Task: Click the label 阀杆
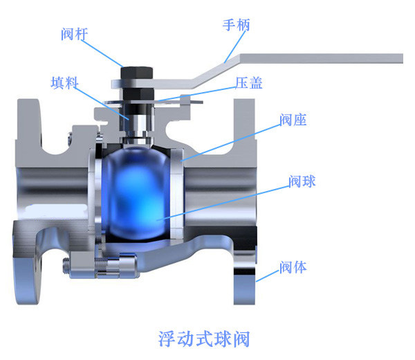tap(75, 34)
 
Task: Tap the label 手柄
tap(236, 25)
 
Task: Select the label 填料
tap(65, 82)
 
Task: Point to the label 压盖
tap(249, 83)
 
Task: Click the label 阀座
tap(293, 120)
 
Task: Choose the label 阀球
tap(302, 181)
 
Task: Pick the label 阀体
tap(293, 267)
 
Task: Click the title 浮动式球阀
tap(204, 339)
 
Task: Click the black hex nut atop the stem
tap(136, 73)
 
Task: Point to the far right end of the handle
tap(403, 58)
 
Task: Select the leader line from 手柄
tap(235, 47)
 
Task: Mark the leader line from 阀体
tap(268, 276)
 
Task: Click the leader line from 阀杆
tap(102, 53)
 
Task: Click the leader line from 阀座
tap(230, 143)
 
